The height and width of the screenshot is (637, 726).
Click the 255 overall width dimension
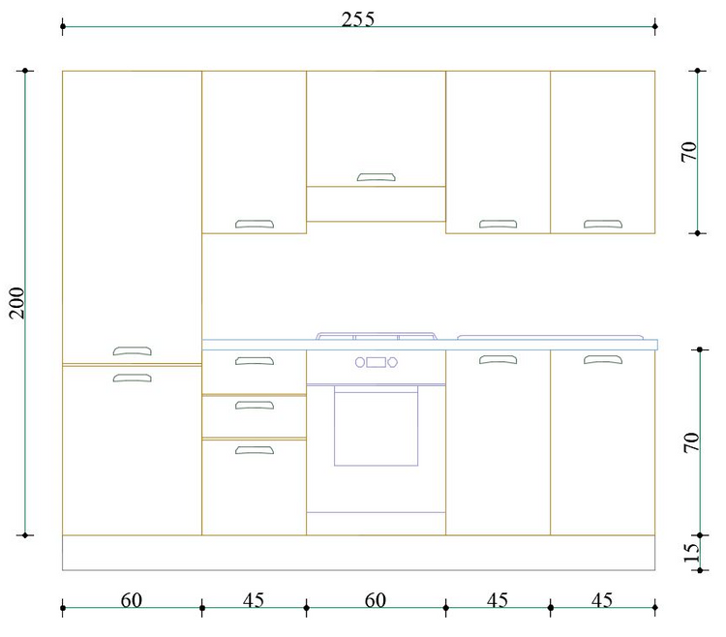(357, 19)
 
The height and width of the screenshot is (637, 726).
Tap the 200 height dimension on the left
(17, 303)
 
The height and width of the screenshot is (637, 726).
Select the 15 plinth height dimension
(691, 552)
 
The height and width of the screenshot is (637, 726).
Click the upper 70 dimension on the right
(689, 152)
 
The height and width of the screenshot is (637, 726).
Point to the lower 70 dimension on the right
(691, 442)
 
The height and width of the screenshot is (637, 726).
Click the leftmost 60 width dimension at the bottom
(131, 600)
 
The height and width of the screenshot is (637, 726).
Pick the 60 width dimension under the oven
(375, 600)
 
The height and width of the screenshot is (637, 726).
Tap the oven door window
(376, 426)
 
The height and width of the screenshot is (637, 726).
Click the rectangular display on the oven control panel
(376, 362)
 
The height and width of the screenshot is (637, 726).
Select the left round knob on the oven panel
(360, 362)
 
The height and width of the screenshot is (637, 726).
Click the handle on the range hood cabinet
(376, 177)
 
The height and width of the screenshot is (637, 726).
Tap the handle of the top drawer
(255, 361)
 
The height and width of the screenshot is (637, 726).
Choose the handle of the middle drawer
(255, 405)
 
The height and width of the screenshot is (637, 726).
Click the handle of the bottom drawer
(255, 449)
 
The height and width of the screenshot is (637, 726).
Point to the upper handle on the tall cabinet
(132, 350)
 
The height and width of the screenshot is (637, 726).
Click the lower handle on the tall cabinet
(132, 378)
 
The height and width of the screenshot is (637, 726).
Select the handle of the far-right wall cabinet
(603, 224)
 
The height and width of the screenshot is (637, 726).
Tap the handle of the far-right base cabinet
(603, 359)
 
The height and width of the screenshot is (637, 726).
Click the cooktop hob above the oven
(376, 336)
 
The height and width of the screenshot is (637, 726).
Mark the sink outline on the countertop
(550, 337)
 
